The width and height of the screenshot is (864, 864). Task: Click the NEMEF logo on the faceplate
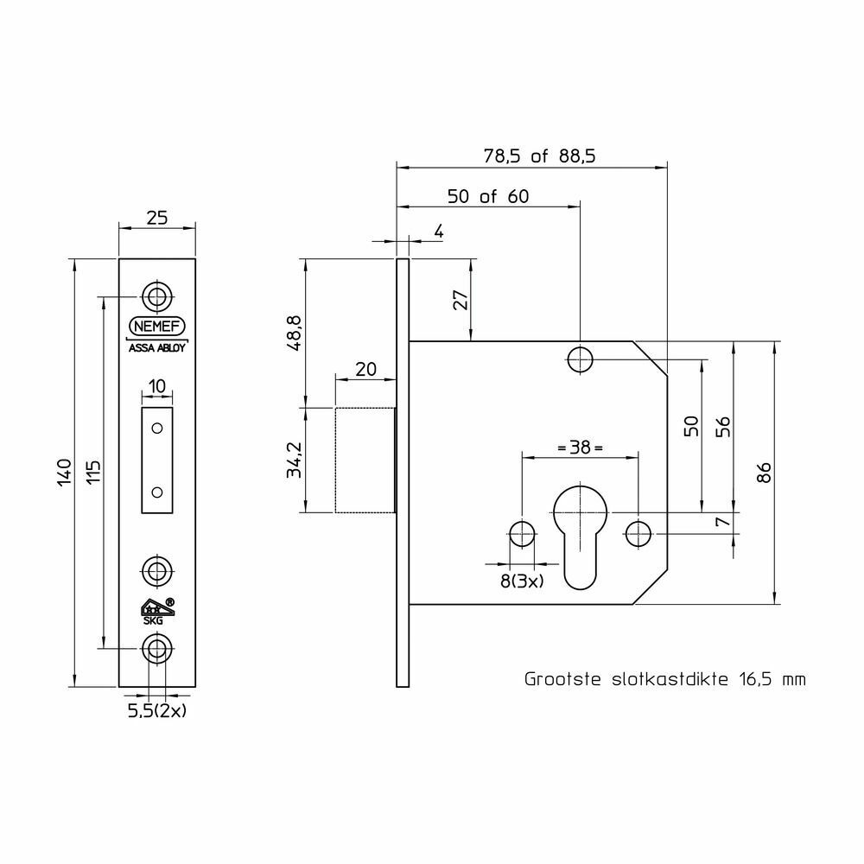[157, 327]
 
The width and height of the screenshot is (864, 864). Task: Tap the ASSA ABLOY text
[157, 348]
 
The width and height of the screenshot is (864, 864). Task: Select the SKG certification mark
[158, 611]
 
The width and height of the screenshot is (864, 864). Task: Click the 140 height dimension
[65, 473]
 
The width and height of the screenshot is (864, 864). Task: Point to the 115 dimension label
[93, 473]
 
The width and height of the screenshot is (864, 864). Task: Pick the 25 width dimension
[157, 219]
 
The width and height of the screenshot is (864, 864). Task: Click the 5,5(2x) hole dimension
[157, 711]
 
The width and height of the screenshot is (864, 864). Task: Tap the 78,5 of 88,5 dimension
[539, 156]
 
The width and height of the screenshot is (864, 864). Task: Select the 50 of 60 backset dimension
[488, 197]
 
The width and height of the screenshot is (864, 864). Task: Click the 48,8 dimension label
[295, 334]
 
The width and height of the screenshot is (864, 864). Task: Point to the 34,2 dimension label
[295, 461]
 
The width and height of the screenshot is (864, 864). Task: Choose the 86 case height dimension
[764, 473]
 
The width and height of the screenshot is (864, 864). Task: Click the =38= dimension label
[581, 448]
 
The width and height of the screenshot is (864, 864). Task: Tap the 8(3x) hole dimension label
[522, 581]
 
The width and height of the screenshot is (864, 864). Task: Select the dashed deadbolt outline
[365, 461]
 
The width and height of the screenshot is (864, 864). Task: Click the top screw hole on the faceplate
[157, 297]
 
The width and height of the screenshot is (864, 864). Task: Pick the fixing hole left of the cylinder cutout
[522, 534]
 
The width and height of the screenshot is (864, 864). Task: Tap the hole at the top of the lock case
[581, 360]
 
